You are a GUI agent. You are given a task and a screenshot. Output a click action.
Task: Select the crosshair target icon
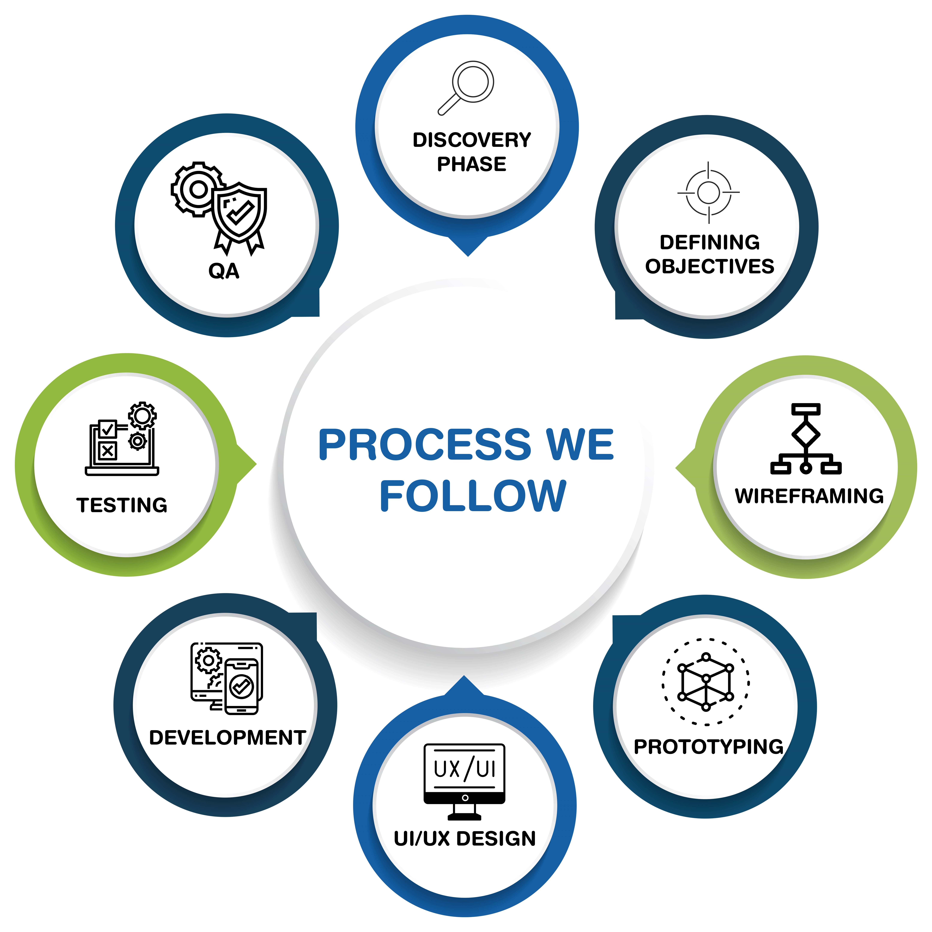[708, 193]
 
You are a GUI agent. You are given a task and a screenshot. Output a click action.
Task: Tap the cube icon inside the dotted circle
[706, 682]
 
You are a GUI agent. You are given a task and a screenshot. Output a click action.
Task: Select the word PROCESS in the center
[425, 445]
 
